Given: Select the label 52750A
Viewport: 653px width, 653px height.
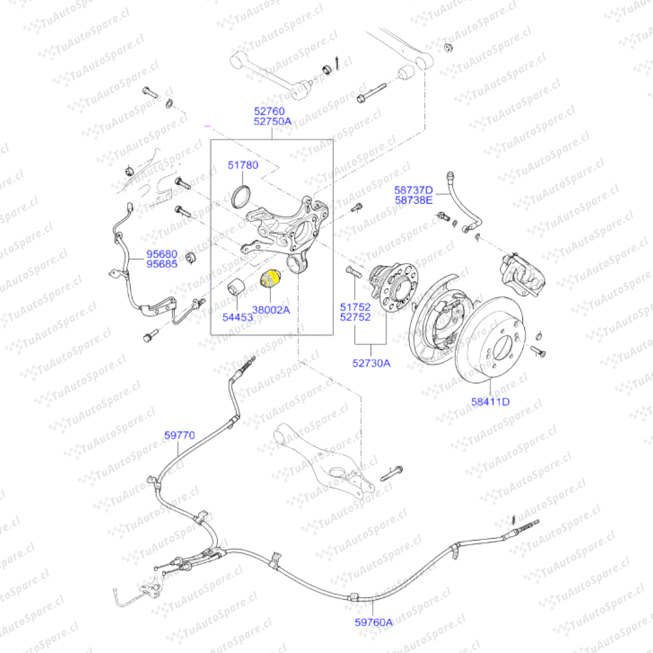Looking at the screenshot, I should coord(272,122).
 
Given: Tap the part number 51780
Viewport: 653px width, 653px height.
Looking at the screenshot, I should coord(243,165).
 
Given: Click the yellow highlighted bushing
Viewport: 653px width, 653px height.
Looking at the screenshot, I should coord(269,279).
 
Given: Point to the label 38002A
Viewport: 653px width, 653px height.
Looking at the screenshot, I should coord(271,310).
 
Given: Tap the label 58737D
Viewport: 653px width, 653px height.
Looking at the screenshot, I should coord(414,190).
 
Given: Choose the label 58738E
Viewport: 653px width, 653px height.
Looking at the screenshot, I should coord(414,200).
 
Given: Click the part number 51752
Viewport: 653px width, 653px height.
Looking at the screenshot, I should coord(355,307).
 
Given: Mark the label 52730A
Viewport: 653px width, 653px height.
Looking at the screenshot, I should coord(371,363).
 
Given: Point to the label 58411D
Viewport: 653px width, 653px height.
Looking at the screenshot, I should coord(490,401).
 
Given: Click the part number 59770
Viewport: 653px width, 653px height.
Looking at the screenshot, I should coord(180,435).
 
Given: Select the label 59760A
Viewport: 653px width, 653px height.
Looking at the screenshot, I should coord(373,622).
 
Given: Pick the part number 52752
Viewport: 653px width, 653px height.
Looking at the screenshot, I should coord(355,317).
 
